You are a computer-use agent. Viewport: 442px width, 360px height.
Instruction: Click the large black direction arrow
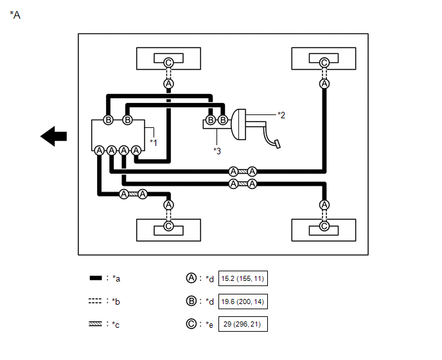(53, 136)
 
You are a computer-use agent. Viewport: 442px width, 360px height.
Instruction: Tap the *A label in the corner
(15, 15)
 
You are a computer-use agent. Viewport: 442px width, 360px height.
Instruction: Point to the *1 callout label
(154, 143)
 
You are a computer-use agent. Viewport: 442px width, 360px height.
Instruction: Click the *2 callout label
(281, 115)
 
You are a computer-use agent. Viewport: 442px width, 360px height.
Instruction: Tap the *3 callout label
(217, 151)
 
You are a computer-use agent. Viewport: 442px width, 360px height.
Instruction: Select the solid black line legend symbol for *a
(96, 278)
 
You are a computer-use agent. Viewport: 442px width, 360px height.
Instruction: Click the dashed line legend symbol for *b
(95, 301)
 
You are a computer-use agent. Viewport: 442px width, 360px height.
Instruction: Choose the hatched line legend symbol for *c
(95, 324)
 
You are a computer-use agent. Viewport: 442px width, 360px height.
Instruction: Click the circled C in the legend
(191, 323)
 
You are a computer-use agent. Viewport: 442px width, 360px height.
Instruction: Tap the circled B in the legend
(191, 301)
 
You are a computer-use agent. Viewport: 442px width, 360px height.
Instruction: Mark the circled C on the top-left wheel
(168, 62)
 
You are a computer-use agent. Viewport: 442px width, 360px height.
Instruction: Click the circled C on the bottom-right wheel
(324, 226)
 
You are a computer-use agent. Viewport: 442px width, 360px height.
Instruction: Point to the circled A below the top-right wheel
(324, 84)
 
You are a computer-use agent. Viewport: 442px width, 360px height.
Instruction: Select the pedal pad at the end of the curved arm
(278, 144)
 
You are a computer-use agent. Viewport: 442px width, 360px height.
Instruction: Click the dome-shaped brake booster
(238, 125)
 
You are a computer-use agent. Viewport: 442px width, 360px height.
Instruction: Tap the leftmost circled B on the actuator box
(108, 120)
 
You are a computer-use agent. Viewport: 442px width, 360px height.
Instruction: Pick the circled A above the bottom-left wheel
(168, 205)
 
